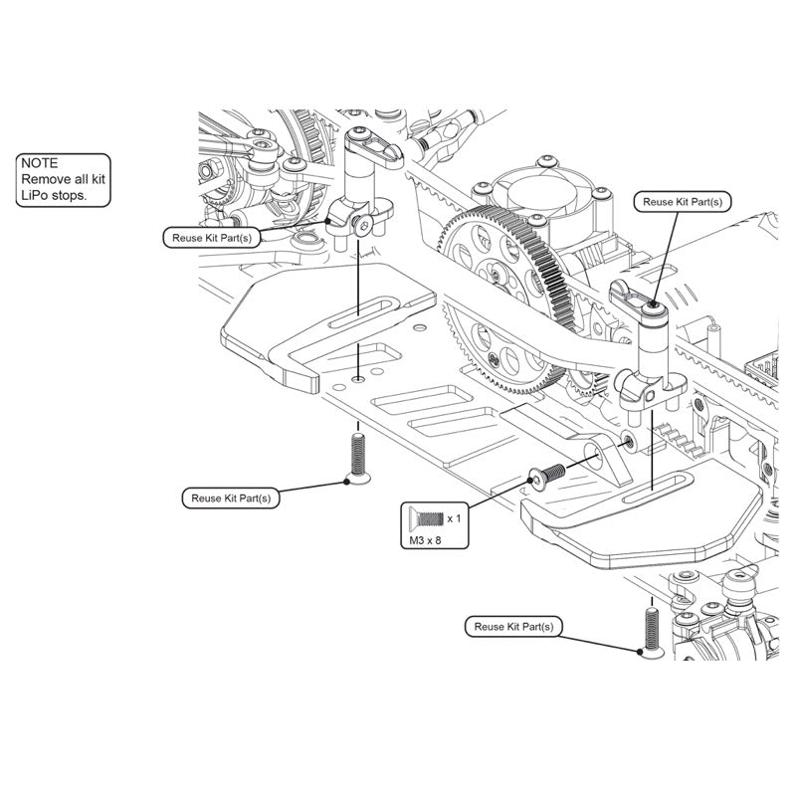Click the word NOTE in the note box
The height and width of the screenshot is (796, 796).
point(40,162)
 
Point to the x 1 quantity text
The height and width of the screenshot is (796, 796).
point(453,518)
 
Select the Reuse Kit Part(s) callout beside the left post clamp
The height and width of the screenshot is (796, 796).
point(213,237)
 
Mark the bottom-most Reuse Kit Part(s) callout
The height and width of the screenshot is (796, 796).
point(512,627)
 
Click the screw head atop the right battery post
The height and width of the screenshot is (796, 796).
point(654,307)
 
